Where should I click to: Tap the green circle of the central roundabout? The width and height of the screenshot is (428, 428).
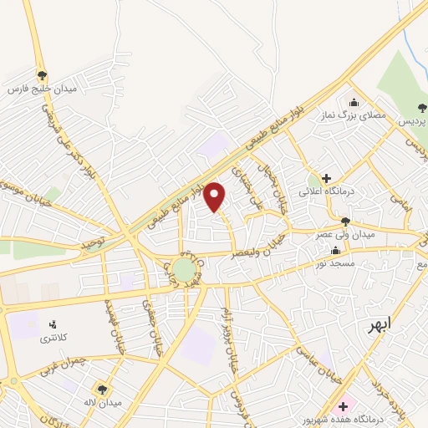pos(183,269)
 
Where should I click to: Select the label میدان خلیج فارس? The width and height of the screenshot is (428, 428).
pos(42,88)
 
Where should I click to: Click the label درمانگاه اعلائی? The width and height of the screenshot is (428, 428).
pos(351,191)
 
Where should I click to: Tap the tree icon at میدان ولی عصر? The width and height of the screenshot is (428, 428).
pos(346,221)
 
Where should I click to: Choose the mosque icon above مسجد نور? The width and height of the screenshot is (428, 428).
pos(336,250)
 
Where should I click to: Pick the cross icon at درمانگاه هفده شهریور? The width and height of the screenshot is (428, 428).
pos(344,406)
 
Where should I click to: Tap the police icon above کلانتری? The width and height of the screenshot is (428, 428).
pos(53,324)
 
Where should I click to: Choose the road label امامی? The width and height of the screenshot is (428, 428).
pos(401,199)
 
